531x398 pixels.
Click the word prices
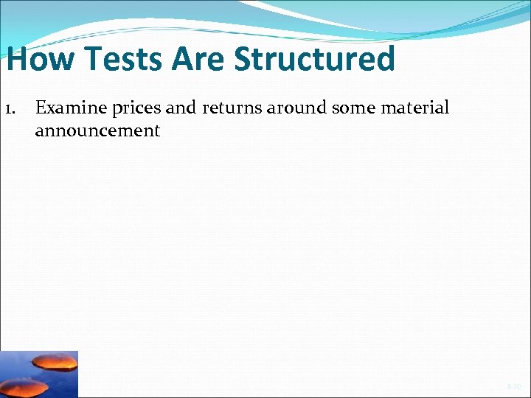[136, 109]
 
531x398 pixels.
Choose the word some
[351, 109]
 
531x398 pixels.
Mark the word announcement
[97, 131]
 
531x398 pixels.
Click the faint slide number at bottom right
[513, 386]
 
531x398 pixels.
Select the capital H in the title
[18, 59]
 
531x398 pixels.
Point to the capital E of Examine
[41, 108]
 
